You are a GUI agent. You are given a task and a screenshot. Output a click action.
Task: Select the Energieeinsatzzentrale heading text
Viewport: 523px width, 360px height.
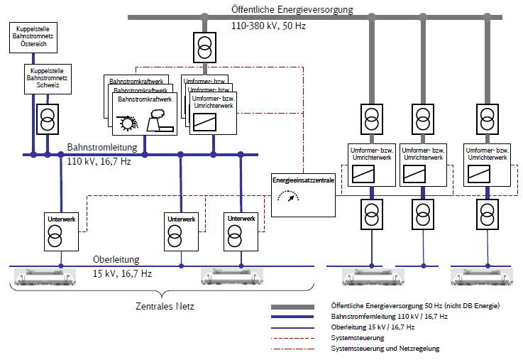tap(303, 181)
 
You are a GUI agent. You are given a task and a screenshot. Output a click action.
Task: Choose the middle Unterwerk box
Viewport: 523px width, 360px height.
tap(181, 231)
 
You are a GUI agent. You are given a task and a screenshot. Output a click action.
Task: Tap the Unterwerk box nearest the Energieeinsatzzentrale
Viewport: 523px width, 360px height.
tap(241, 231)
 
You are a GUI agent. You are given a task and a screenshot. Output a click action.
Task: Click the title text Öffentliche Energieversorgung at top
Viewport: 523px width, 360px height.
tap(292, 9)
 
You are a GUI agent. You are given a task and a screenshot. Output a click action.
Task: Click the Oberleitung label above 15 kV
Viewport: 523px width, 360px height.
tap(116, 259)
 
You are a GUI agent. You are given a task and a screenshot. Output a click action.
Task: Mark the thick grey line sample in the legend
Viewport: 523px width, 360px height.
tap(297, 305)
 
